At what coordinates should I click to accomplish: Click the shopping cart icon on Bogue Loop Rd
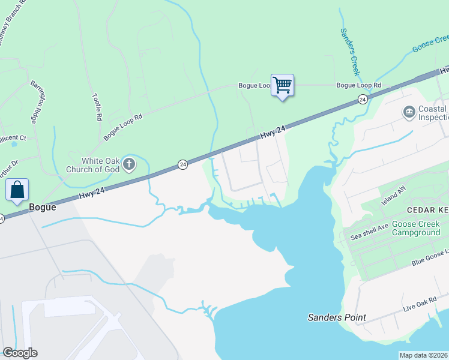tap(282, 85)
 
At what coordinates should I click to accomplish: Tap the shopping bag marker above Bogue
tap(17, 190)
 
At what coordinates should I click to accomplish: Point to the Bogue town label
tap(42, 207)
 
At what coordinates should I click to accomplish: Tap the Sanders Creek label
tap(350, 52)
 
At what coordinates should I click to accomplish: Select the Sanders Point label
tap(337, 317)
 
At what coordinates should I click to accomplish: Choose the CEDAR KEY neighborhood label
tap(428, 210)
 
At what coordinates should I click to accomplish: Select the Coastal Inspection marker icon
tap(409, 112)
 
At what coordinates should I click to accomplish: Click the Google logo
tap(20, 353)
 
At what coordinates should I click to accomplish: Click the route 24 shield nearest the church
tap(182, 164)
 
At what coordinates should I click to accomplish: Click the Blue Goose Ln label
tap(429, 259)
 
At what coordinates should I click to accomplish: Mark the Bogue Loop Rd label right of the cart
tap(359, 85)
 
